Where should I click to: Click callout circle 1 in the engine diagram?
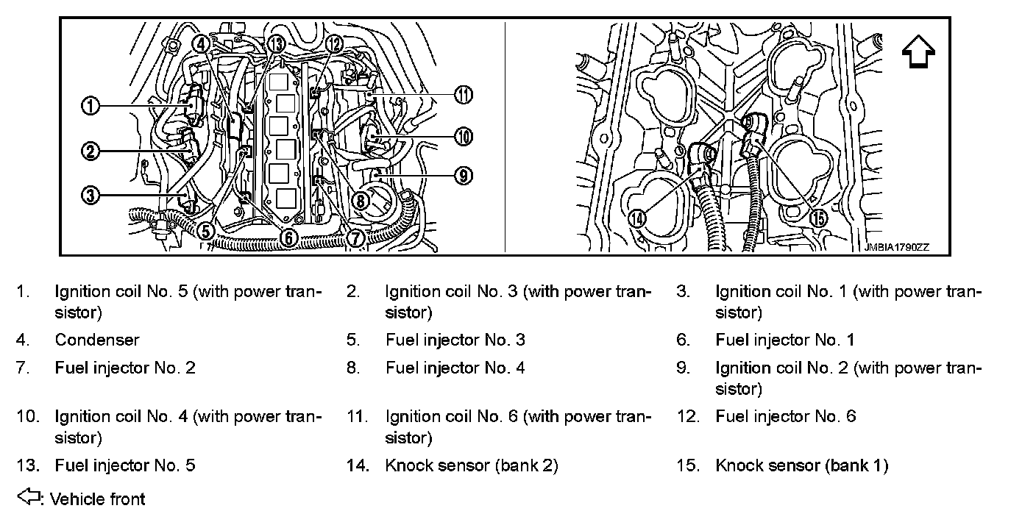tap(91, 107)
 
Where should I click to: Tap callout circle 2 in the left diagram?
tap(91, 152)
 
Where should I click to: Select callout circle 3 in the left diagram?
tap(91, 195)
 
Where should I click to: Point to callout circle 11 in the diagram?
tap(463, 95)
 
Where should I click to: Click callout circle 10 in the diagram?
tap(463, 136)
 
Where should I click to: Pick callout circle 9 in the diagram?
tap(463, 176)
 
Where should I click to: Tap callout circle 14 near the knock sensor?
tap(637, 218)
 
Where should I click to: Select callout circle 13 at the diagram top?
tap(276, 43)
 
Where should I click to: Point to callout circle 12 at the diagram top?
tap(333, 43)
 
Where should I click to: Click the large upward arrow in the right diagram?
tap(918, 54)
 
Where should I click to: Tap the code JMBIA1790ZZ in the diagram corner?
tap(897, 248)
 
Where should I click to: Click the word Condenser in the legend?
tap(96, 340)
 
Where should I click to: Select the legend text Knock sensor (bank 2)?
tap(471, 465)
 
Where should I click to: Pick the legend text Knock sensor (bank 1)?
tap(801, 465)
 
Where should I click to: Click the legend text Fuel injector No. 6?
tap(785, 417)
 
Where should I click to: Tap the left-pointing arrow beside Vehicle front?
tap(28, 498)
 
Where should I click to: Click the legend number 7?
tap(23, 368)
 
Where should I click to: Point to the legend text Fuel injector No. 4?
tap(455, 368)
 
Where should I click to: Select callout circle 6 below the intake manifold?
tap(288, 238)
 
